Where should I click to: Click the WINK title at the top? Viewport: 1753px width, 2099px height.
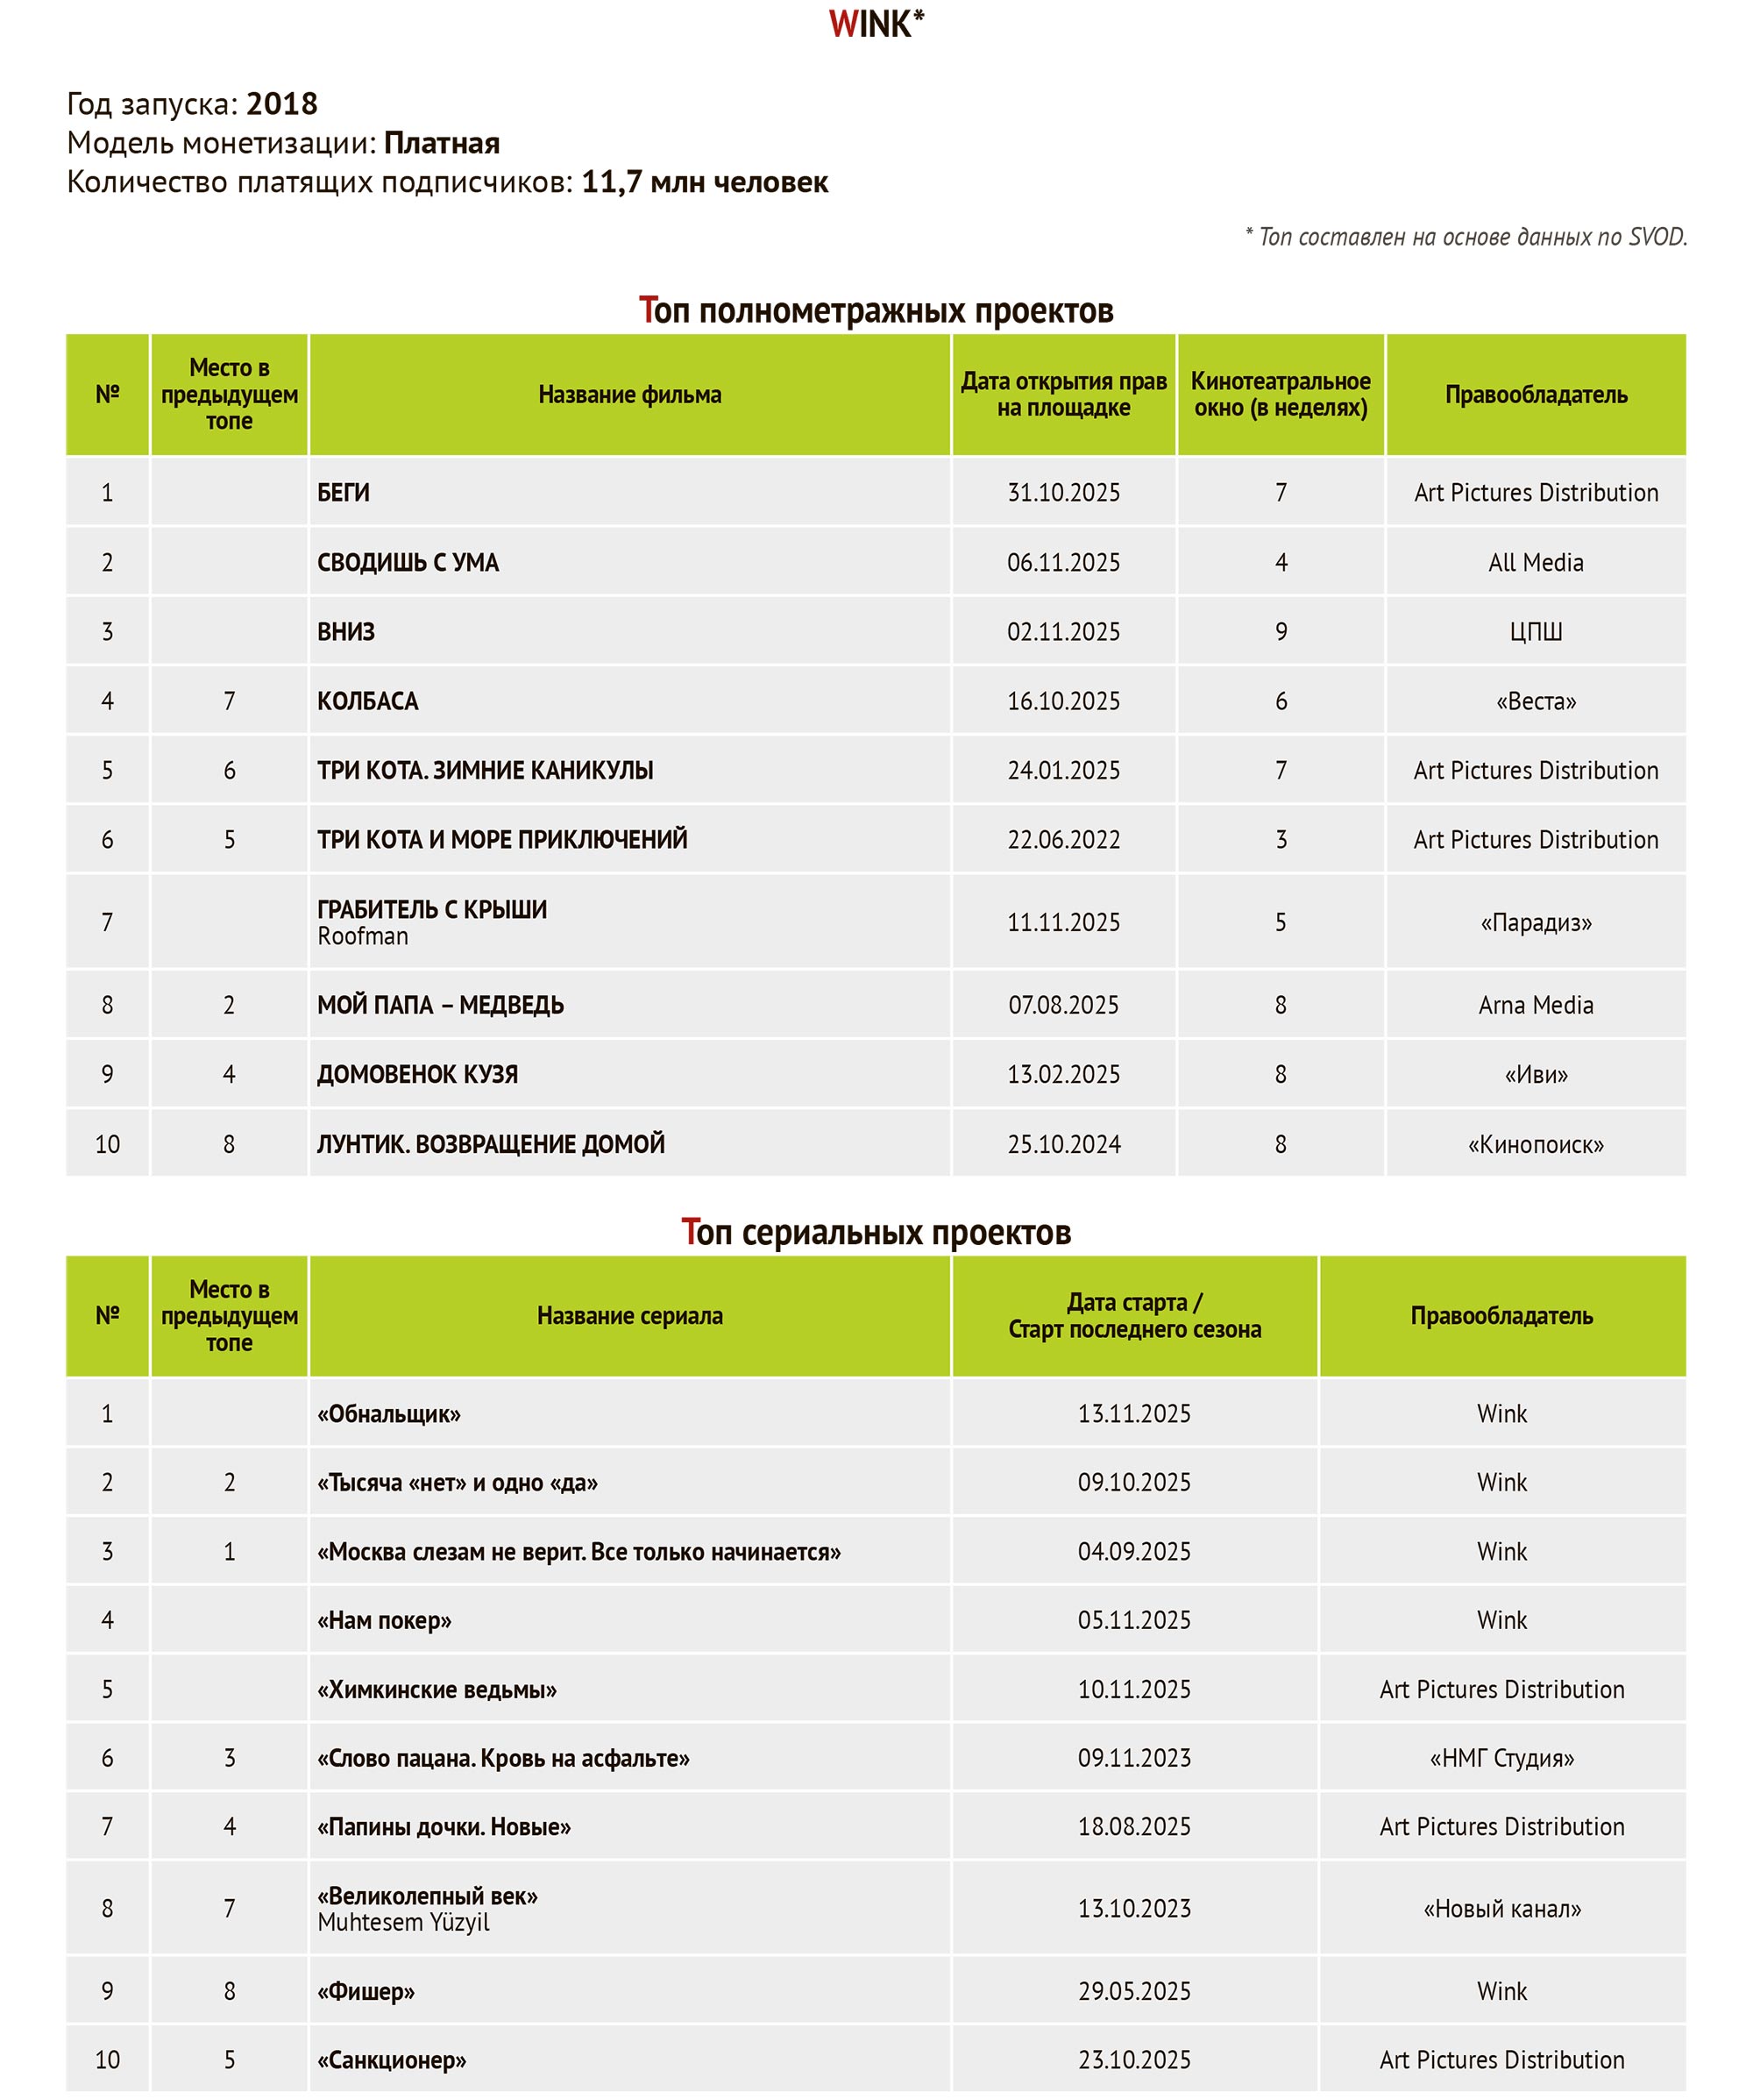(x=876, y=24)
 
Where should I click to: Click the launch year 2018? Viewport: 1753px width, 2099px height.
(x=282, y=104)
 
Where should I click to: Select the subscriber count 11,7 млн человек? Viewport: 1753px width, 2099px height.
(x=705, y=183)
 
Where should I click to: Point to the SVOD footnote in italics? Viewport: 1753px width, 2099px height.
(x=1466, y=237)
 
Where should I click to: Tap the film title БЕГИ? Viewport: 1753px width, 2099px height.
(x=344, y=493)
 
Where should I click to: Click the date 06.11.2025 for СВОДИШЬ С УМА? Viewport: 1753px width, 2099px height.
(x=1063, y=563)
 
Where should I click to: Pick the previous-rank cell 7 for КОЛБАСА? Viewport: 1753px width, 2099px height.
(x=229, y=701)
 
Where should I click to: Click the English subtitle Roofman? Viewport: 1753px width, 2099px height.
(x=363, y=936)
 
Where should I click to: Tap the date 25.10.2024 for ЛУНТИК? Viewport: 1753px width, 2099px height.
(x=1063, y=1144)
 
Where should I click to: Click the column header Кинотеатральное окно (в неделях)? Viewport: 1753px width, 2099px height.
(x=1281, y=395)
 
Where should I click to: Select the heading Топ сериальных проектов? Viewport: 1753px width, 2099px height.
(x=876, y=1233)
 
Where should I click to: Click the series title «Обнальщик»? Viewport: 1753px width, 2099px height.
(x=389, y=1414)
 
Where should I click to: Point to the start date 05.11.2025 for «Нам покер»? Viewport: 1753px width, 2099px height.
(x=1133, y=1620)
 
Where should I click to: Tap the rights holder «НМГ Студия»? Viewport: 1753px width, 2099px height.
(x=1501, y=1758)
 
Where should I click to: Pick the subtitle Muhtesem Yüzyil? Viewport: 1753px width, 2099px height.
(x=404, y=1922)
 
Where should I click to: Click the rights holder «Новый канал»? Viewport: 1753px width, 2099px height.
(x=1501, y=1909)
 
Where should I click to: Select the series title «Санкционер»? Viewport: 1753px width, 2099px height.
(x=392, y=2060)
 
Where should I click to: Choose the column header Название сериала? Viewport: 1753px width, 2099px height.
(x=629, y=1316)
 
